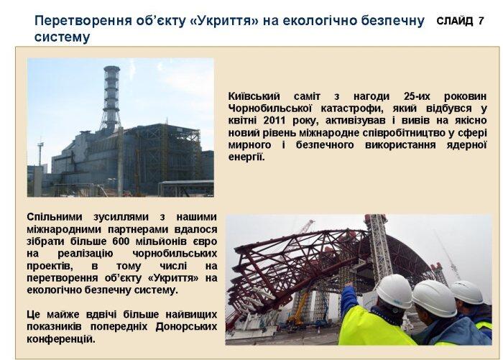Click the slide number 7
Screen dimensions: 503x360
click(481, 21)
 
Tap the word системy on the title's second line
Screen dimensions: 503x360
click(62, 37)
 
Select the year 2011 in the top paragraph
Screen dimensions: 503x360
click(275, 120)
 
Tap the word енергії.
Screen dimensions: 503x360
click(246, 157)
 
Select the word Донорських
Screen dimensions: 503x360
click(186, 327)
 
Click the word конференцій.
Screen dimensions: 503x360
click(61, 339)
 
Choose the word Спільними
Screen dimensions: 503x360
click(55, 217)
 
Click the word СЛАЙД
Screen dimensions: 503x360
click(455, 21)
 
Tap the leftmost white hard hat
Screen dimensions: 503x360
click(394, 291)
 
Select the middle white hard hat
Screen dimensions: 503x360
click(434, 298)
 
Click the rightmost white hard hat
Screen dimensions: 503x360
click(467, 292)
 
